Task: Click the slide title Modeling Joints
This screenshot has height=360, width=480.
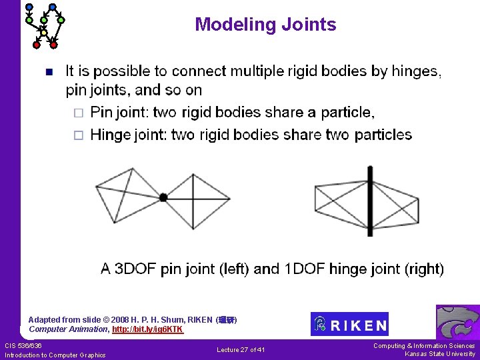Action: [265, 25]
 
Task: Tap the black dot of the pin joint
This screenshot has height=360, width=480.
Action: [163, 197]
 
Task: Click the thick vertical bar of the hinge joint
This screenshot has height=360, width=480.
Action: [370, 200]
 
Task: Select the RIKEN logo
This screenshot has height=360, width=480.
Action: [349, 324]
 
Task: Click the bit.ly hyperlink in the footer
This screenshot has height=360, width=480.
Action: [147, 329]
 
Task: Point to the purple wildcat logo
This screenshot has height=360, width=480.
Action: [457, 322]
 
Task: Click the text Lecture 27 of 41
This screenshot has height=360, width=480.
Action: [241, 350]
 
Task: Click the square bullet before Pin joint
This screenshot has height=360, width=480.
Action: [78, 112]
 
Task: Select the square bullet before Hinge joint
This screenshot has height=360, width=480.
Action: [78, 135]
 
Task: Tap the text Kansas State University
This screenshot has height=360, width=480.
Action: [440, 354]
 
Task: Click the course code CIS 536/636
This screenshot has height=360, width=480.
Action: [23, 345]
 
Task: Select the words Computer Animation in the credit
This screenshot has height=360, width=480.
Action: [69, 329]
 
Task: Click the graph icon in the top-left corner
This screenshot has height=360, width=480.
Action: [44, 25]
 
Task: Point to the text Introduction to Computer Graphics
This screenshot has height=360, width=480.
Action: [55, 355]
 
